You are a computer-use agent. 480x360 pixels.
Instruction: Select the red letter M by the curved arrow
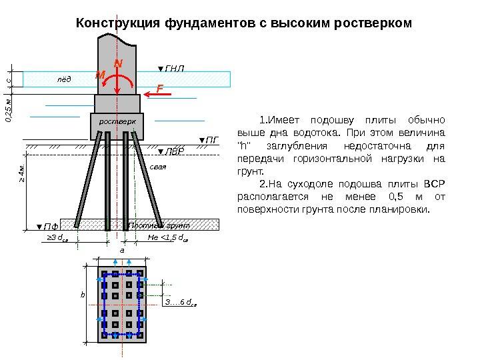tap(100, 76)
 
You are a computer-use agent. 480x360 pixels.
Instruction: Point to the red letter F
tap(159, 87)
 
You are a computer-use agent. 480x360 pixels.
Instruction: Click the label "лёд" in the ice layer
tap(63, 79)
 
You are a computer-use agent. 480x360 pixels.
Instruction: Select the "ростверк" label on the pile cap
tap(117, 123)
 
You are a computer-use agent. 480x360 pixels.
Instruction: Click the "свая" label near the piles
tap(157, 167)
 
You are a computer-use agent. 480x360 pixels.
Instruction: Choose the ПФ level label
tap(47, 227)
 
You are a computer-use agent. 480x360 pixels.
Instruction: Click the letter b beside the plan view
tap(83, 293)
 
